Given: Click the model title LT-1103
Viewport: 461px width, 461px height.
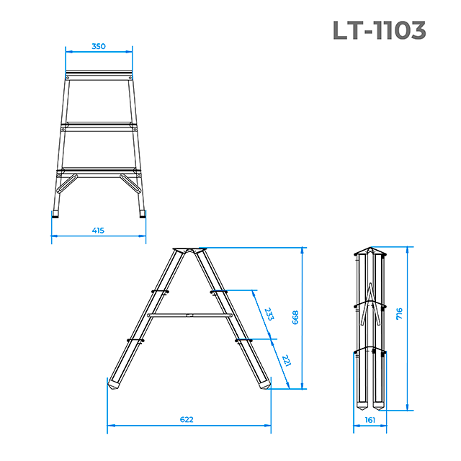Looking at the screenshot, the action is (x=380, y=30).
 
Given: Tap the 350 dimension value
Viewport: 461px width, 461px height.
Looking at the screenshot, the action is (x=99, y=46).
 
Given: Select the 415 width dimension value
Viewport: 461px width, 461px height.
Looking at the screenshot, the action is (x=98, y=230).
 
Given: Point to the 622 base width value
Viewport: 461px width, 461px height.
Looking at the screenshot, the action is (x=187, y=419).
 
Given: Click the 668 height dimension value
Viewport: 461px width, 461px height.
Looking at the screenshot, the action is (x=295, y=318).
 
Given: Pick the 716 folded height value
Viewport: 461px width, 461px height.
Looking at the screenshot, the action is (x=399, y=314).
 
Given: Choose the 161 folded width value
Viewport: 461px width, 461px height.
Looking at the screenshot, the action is (x=370, y=420).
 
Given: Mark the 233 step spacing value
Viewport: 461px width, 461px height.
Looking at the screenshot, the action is (x=269, y=314).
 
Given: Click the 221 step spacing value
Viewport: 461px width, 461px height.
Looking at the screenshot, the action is (x=286, y=360).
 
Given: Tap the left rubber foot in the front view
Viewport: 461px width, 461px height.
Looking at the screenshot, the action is (x=55, y=214).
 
